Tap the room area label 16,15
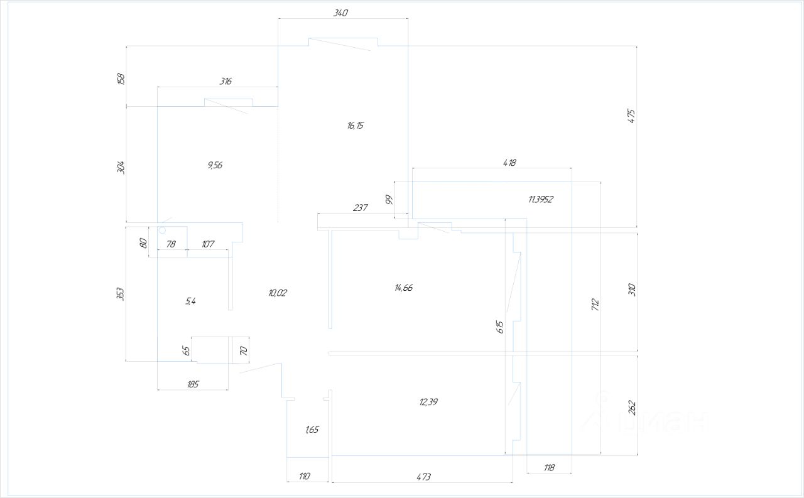pos(355,126)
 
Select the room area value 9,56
pos(214,166)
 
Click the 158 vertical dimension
pos(121,78)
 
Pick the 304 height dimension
pos(121,167)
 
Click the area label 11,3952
pos(541,200)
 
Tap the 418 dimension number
pos(509,163)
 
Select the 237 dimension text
pos(360,208)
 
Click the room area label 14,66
pos(404,288)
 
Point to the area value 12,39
pos(428,402)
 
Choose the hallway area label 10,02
pos(277,293)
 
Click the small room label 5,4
pos(190,301)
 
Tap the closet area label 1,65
pos(312,430)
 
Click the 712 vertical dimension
pos(595,305)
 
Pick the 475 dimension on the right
pos(632,116)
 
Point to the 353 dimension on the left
pos(121,293)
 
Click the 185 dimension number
pos(193,384)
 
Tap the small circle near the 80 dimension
pos(161,230)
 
